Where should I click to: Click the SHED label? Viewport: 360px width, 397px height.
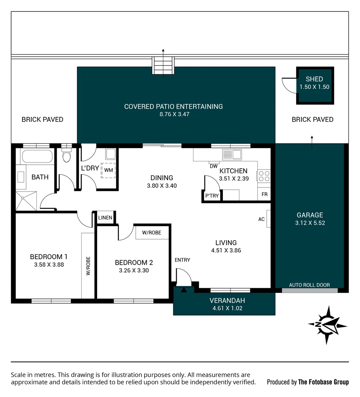point(314,79)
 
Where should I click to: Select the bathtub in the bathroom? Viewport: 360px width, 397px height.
point(37,156)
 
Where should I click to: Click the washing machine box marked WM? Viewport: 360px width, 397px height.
point(108,170)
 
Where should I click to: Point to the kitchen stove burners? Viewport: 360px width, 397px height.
point(264,176)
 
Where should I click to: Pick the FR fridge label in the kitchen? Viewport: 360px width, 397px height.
point(264,194)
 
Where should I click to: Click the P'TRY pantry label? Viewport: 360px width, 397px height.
point(212,196)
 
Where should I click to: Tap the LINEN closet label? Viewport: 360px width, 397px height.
point(105,218)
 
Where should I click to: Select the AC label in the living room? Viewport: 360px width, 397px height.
point(261,219)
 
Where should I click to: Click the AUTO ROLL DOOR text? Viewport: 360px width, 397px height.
point(309,285)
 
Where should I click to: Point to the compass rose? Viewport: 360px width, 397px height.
point(327,325)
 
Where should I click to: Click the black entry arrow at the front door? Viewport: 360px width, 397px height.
point(183,289)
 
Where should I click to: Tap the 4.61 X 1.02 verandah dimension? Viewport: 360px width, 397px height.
point(228,308)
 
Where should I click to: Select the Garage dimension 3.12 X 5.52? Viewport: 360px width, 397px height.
point(310,223)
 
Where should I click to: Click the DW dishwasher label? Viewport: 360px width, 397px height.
point(214,167)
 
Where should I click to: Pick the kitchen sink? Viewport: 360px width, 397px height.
point(232,154)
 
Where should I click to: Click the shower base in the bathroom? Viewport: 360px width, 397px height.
point(26,201)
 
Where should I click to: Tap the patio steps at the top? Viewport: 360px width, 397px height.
point(163,65)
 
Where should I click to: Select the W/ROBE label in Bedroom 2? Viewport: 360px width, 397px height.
point(152,233)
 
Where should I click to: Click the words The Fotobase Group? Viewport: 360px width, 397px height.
point(323,382)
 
